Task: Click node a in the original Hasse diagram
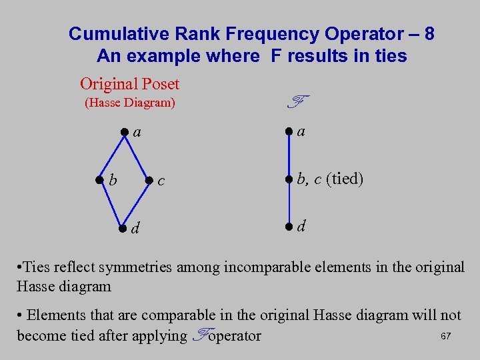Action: [x=124, y=131]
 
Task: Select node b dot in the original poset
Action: [x=99, y=179]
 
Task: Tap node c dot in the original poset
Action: [x=149, y=179]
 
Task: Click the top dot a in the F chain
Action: [x=288, y=131]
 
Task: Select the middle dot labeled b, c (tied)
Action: [x=288, y=179]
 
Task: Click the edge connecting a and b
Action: [x=111, y=155]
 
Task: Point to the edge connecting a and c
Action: [x=137, y=155]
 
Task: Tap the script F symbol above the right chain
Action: [x=297, y=102]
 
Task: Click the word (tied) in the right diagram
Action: [x=345, y=179]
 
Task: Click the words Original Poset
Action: [x=129, y=84]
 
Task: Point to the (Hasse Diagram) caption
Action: [x=129, y=103]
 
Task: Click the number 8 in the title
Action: [x=429, y=33]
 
